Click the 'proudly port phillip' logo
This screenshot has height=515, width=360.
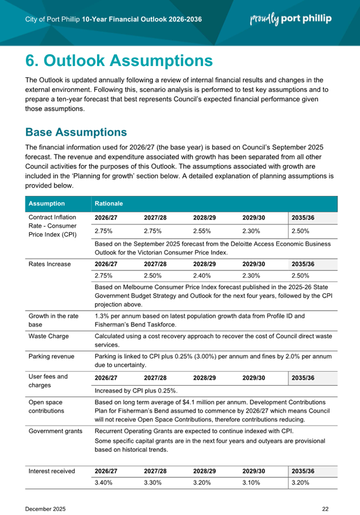tap(291, 19)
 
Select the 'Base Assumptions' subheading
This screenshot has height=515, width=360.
tap(76, 132)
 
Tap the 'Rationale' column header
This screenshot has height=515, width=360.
tap(109, 204)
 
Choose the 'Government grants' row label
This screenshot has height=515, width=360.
tap(54, 430)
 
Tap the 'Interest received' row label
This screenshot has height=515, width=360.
tap(52, 471)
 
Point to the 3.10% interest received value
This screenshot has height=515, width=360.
tap(251, 483)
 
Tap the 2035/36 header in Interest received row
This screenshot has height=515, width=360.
tap(302, 471)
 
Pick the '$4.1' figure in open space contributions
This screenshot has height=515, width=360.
tap(207, 401)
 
